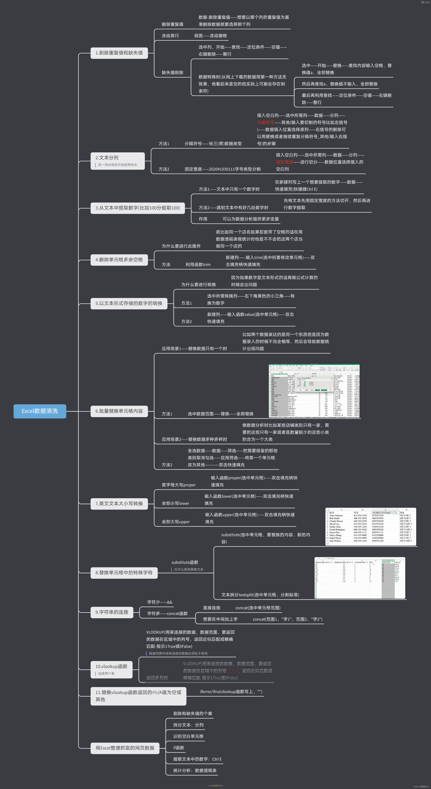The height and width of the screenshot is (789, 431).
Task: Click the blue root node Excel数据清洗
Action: click(40, 411)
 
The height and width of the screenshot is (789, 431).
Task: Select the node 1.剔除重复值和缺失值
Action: click(119, 53)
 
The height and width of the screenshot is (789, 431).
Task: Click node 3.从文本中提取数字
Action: click(137, 208)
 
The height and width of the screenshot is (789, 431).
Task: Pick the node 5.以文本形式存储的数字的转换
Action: click(129, 303)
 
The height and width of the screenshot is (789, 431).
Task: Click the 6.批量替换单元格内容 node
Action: click(119, 411)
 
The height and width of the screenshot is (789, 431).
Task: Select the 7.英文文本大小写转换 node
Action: click(119, 503)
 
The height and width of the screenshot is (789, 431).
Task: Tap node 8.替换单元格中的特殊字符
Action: click(124, 573)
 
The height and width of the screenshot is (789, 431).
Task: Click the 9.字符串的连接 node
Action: click(112, 612)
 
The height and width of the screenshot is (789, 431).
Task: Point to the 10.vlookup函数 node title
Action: click(111, 666)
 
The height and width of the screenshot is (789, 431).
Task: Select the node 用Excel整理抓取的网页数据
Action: click(125, 748)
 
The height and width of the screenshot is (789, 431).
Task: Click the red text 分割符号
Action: click(265, 123)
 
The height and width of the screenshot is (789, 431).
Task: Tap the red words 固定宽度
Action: click(284, 162)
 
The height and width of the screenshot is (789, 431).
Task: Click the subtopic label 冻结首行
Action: click(170, 36)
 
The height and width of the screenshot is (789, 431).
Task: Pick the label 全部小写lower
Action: click(175, 503)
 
